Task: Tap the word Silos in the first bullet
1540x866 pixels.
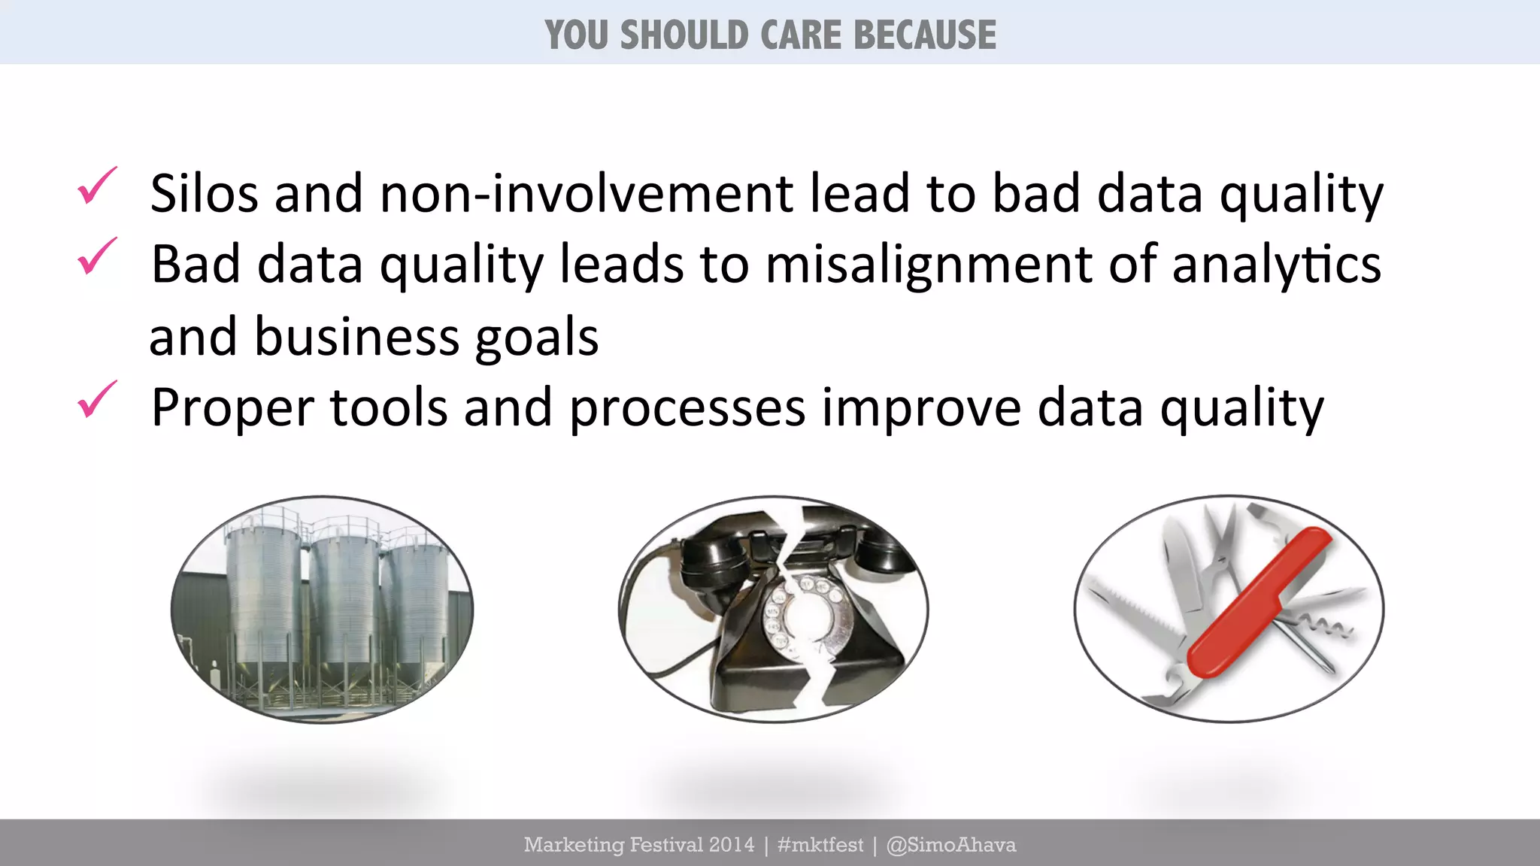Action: click(204, 194)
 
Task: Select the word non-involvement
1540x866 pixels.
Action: click(587, 194)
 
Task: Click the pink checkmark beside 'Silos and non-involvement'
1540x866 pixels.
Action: click(97, 186)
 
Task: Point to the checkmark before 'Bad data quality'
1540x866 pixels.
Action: click(97, 256)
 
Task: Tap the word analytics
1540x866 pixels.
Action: click(1276, 265)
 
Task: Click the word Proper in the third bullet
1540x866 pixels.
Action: click(232, 409)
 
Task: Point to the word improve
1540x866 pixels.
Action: click(921, 409)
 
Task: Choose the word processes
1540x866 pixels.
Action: click(687, 409)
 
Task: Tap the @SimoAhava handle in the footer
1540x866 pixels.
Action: click(951, 845)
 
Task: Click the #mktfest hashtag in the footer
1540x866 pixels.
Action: click(820, 845)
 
